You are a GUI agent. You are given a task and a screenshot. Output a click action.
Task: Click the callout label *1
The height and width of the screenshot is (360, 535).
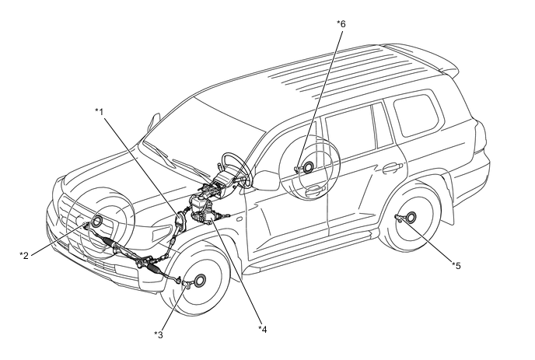pyautogui.click(x=99, y=111)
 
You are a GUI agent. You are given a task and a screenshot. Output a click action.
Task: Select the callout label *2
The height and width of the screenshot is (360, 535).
pyautogui.click(x=24, y=255)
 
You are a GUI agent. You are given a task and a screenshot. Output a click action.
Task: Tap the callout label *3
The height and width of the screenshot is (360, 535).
pyautogui.click(x=159, y=335)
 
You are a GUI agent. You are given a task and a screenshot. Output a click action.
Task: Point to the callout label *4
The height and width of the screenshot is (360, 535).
pyautogui.click(x=262, y=330)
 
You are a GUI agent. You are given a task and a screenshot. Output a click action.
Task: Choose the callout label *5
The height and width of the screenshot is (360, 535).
pyautogui.click(x=456, y=265)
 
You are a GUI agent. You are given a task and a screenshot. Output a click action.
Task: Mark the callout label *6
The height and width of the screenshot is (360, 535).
pyautogui.click(x=341, y=24)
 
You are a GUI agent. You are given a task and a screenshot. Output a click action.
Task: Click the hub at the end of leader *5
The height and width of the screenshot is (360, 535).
pyautogui.click(x=411, y=217)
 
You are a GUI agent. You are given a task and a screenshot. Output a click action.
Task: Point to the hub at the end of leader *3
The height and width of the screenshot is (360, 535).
pyautogui.click(x=199, y=281)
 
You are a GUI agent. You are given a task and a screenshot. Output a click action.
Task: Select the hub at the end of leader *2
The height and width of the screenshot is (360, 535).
pyautogui.click(x=96, y=222)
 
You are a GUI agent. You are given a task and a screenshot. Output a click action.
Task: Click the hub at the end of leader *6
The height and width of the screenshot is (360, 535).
pyautogui.click(x=308, y=167)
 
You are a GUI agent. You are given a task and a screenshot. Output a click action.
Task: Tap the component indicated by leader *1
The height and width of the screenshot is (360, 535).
pyautogui.click(x=180, y=222)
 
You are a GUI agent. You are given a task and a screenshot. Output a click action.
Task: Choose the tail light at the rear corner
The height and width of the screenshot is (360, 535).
pyautogui.click(x=480, y=137)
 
